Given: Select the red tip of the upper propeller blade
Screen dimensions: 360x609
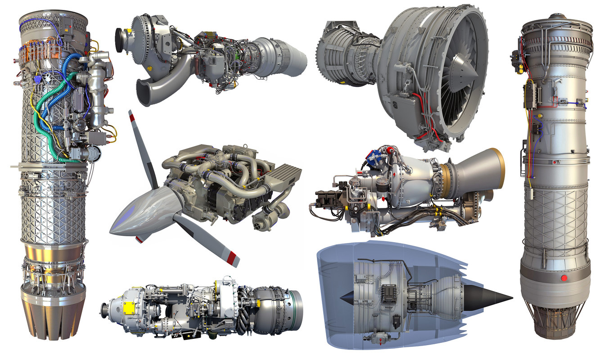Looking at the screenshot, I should [132, 118].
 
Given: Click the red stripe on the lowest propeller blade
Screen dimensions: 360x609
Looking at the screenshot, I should [232, 258].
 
